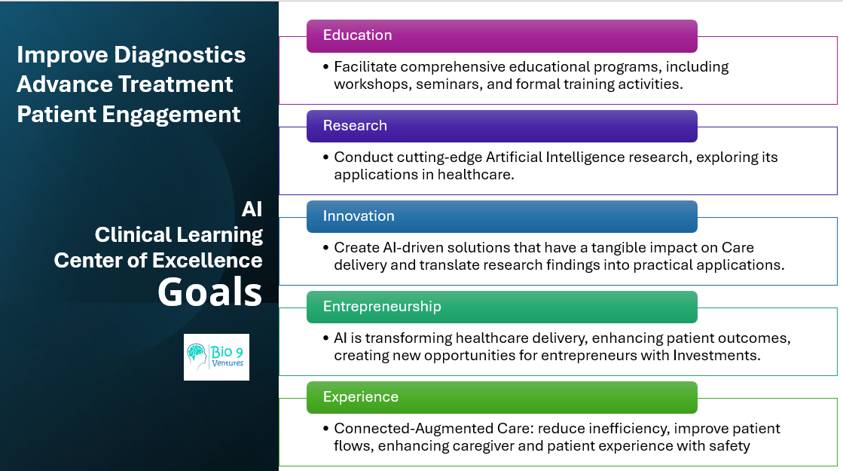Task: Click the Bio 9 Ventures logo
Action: click(x=216, y=357)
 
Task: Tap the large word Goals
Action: click(x=209, y=292)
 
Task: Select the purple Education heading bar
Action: click(x=502, y=36)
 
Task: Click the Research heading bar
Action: click(x=502, y=127)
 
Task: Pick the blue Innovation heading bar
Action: click(x=502, y=217)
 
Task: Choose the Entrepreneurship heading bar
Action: click(x=502, y=307)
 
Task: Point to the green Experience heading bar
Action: click(x=502, y=397)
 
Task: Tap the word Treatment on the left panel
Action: click(x=176, y=84)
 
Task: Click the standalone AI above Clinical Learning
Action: click(x=252, y=210)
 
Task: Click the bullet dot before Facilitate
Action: click(x=325, y=66)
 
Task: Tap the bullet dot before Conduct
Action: click(x=325, y=157)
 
